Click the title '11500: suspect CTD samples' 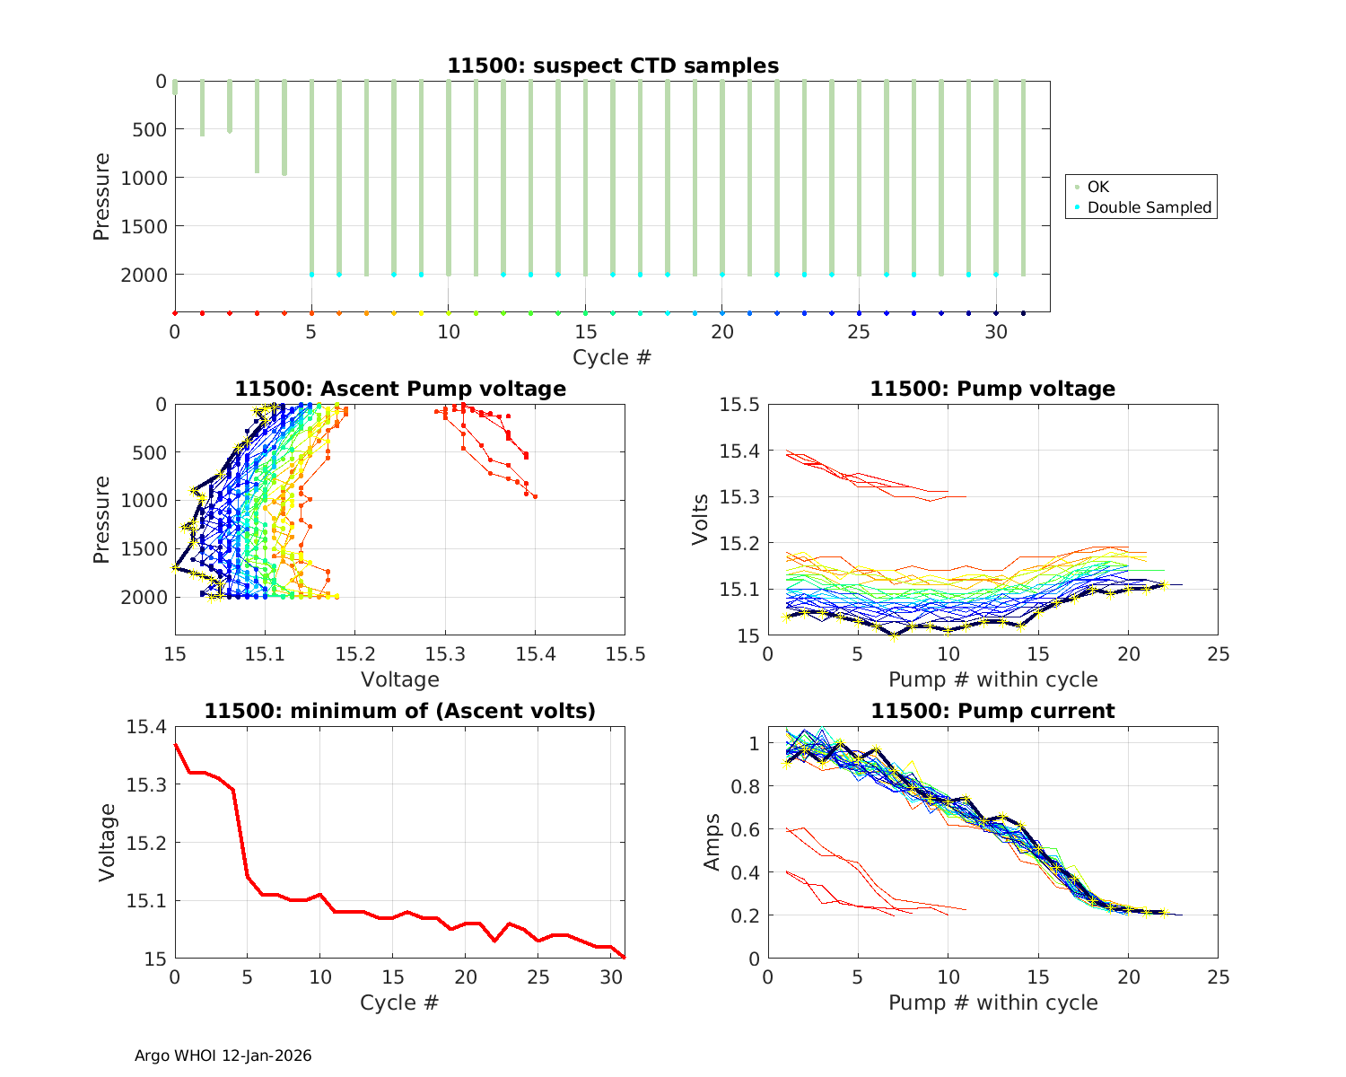[613, 66]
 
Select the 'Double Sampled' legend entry [1149, 207]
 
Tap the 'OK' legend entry [1097, 187]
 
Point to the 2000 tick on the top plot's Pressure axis [144, 275]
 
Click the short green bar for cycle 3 [257, 126]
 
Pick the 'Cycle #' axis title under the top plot [612, 357]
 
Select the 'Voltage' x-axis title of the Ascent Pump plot [399, 679]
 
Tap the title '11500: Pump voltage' [992, 389]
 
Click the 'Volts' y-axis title [701, 520]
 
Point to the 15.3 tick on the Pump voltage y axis [739, 497]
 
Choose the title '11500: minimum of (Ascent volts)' [399, 711]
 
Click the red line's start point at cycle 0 [175, 744]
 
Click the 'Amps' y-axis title [712, 842]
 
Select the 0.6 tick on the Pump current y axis [747, 829]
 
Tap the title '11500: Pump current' [992, 711]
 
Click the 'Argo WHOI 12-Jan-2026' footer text [223, 1055]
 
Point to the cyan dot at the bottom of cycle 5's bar [311, 275]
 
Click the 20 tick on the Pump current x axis [1128, 976]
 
